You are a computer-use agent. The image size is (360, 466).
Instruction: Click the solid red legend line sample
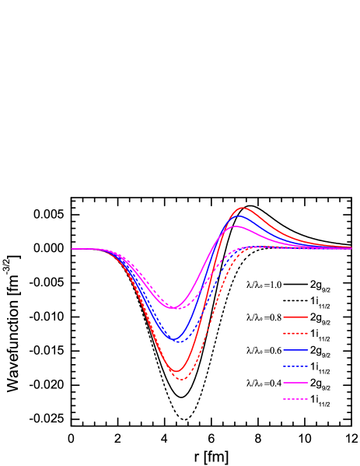coord(295,317)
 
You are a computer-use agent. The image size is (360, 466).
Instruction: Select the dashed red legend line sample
coord(295,333)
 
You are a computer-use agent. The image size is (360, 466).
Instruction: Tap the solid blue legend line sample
coord(295,350)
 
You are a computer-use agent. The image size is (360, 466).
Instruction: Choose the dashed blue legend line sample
coord(295,366)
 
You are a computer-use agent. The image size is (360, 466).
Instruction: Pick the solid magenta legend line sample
coord(295,383)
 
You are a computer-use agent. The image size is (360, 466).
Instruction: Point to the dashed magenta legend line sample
coord(295,399)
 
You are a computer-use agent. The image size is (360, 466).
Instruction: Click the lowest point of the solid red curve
coord(177,371)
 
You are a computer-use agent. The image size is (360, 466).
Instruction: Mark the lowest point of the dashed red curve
coord(181,380)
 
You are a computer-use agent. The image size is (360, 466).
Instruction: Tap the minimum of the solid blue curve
coord(177,340)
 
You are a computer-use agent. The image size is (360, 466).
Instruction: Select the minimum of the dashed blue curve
coord(178,342)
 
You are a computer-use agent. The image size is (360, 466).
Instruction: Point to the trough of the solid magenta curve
coord(174,308)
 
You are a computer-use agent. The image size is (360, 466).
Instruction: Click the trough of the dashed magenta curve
coord(176,309)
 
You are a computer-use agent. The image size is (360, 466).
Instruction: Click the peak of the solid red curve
coord(243,208)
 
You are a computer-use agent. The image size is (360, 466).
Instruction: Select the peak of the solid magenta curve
coord(236,226)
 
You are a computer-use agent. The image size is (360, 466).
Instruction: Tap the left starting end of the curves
coord(72,249)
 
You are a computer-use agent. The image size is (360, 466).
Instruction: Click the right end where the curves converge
coord(351,248)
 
